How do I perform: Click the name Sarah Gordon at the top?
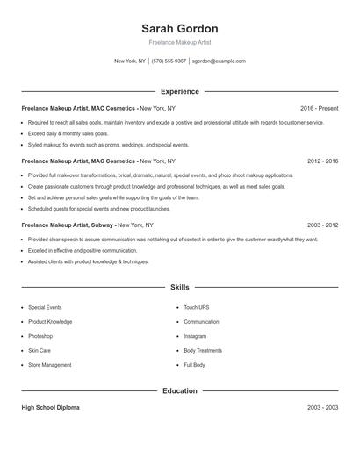click(179, 29)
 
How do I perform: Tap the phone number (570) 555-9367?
click(169, 61)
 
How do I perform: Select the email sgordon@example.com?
click(219, 61)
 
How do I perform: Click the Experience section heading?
click(179, 91)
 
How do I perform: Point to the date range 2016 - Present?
click(319, 108)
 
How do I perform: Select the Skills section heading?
click(179, 287)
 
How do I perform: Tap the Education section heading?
click(179, 390)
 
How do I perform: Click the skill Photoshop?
click(40, 336)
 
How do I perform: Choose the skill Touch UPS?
click(197, 308)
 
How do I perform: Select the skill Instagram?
click(195, 336)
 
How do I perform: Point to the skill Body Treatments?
click(203, 350)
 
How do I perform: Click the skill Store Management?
click(50, 365)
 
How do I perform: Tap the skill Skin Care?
click(40, 350)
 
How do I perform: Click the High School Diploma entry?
click(50, 408)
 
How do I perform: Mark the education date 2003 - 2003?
click(323, 408)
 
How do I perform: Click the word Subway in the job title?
click(103, 225)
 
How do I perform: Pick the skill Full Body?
click(194, 365)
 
